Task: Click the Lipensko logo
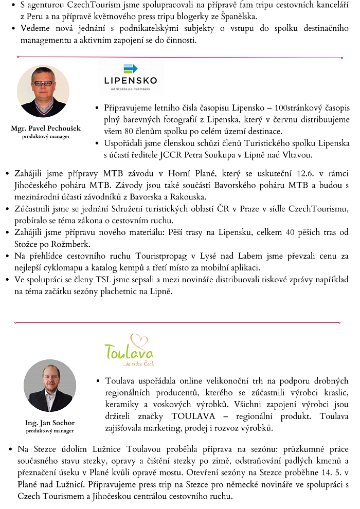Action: click(x=130, y=77)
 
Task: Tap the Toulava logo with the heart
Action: click(x=129, y=350)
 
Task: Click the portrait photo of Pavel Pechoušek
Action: click(x=43, y=91)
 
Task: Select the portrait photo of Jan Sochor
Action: click(x=49, y=385)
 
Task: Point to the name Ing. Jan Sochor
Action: click(x=49, y=423)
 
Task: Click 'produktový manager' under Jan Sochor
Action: click(x=49, y=431)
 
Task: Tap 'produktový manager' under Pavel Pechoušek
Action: click(x=46, y=136)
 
